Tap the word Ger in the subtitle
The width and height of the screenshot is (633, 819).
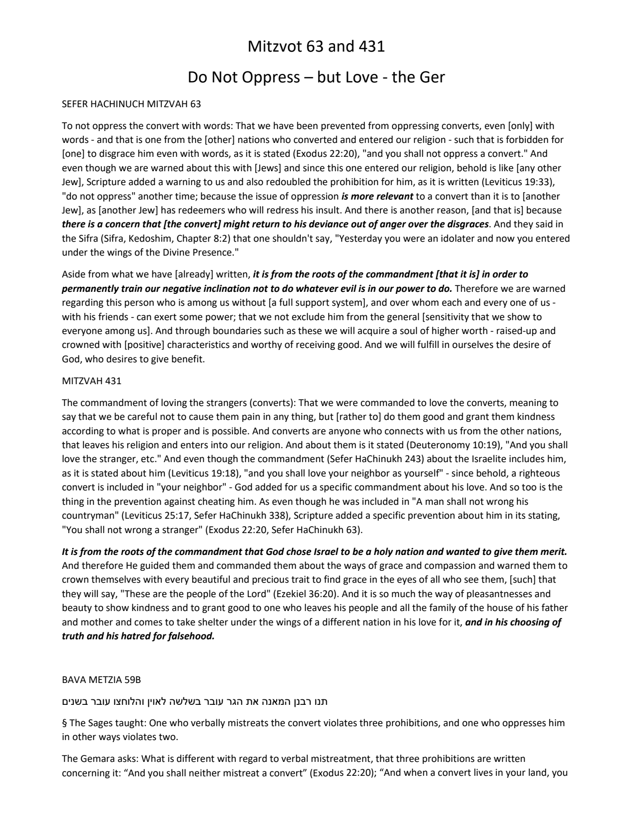pos(431,77)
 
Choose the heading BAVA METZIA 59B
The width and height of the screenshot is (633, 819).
pos(94,680)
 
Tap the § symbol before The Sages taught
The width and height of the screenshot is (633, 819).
pos(65,723)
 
